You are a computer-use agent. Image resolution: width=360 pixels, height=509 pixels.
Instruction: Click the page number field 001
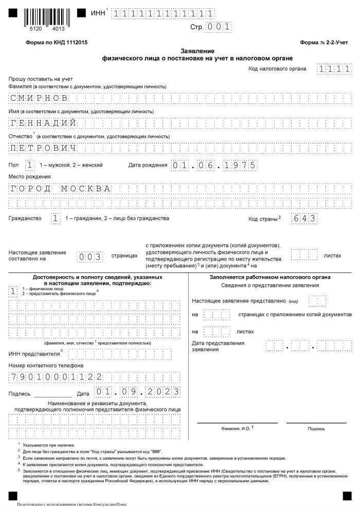coord(219,27)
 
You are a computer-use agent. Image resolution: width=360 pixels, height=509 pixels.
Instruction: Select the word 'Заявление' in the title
coord(197,51)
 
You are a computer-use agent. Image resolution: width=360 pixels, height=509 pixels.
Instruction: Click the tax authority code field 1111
coord(335,69)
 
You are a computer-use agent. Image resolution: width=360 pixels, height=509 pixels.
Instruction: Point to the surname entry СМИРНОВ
coord(39,98)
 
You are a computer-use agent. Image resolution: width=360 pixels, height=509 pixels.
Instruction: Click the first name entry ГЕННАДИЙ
coord(43,123)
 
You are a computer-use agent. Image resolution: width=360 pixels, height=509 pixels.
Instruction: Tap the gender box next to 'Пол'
coord(30,165)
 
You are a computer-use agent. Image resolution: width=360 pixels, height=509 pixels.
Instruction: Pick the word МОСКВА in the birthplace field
coord(86,188)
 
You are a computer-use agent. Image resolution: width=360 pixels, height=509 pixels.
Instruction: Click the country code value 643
coord(303,218)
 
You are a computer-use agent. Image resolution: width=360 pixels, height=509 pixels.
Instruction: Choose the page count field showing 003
coord(91,256)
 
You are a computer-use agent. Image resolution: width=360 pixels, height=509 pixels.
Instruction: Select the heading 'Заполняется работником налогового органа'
coord(269,277)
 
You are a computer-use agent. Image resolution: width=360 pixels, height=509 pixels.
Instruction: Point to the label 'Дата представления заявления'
coord(218,346)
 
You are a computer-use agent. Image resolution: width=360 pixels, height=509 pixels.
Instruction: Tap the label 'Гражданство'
coord(25,219)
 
